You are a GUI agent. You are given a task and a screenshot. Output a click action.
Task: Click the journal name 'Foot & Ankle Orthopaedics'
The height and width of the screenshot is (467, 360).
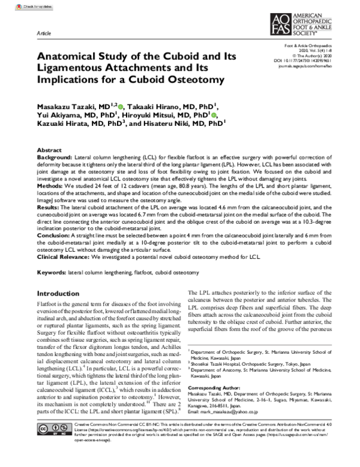[x=315, y=46]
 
